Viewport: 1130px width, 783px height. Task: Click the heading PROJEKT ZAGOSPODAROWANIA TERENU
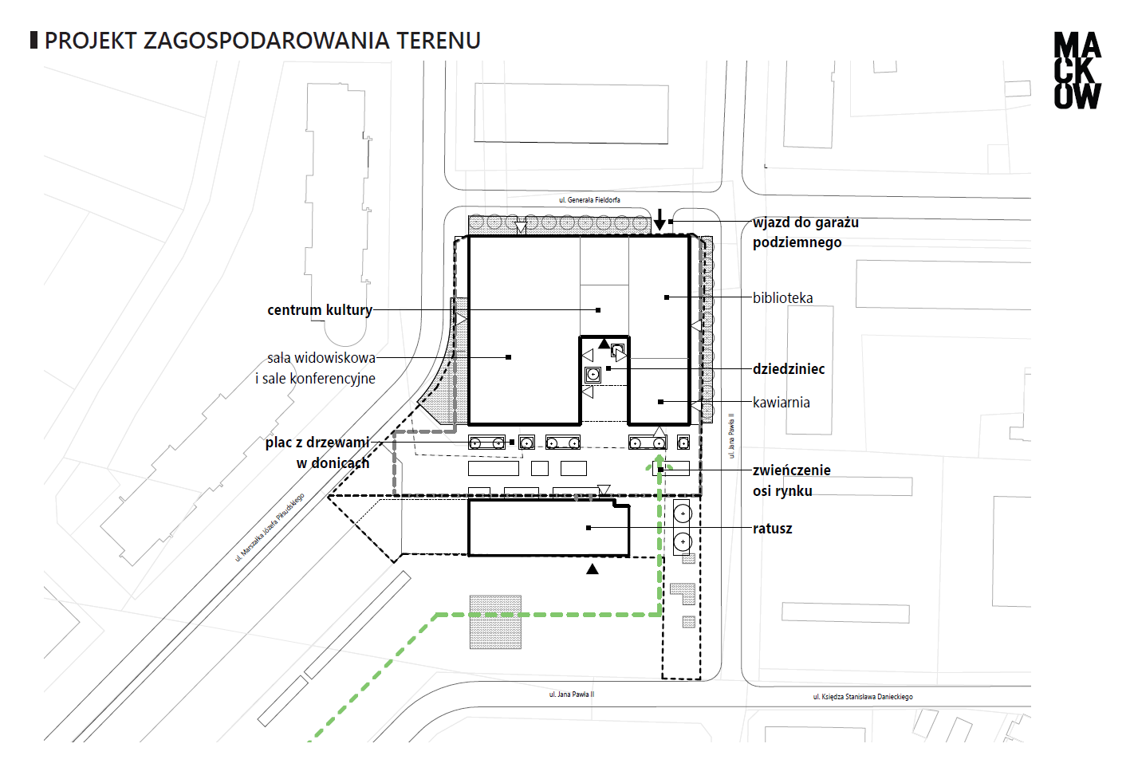[x=262, y=41]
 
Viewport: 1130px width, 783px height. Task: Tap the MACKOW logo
[x=1077, y=71]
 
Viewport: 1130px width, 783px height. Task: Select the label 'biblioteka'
[x=783, y=298]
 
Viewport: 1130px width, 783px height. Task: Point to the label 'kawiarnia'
[x=782, y=403]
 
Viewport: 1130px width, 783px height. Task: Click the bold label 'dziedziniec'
[x=789, y=369]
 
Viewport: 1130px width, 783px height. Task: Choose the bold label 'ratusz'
[x=772, y=529]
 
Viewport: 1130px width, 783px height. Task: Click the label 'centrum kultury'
[x=320, y=309]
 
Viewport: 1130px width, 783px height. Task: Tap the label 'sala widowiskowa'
[x=321, y=358]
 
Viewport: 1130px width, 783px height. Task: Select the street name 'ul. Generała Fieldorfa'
[x=589, y=200]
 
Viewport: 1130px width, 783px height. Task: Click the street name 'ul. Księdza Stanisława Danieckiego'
[x=863, y=697]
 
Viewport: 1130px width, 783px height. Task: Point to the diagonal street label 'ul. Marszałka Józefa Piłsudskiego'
[x=270, y=527]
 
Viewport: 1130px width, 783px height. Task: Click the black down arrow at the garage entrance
[x=659, y=220]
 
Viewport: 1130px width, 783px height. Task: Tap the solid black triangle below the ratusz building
[x=593, y=569]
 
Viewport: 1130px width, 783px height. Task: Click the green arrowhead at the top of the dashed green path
[x=659, y=463]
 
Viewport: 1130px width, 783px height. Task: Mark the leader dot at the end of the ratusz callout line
[x=589, y=528]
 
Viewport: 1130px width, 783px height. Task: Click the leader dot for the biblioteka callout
[x=667, y=297]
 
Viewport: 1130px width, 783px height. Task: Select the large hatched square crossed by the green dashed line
[x=495, y=622]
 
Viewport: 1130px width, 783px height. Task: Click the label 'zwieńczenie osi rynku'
[x=792, y=480]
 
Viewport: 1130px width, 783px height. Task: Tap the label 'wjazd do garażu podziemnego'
[x=805, y=233]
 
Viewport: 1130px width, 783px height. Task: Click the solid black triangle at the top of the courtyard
[x=604, y=344]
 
